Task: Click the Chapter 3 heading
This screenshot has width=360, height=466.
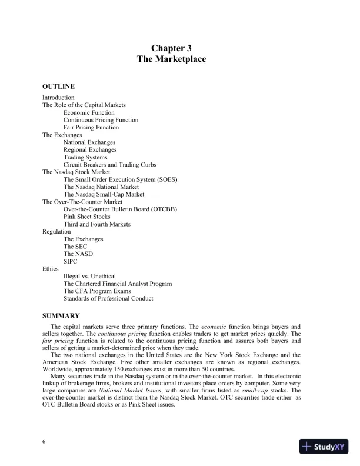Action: [171, 48]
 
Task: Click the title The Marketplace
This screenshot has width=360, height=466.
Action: [171, 59]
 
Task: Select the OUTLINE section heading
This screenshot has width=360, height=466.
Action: [58, 86]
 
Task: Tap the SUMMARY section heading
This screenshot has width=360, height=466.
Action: [61, 316]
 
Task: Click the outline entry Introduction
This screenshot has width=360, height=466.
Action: [58, 98]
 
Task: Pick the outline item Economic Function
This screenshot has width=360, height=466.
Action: [89, 112]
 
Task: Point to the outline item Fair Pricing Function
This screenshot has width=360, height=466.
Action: [91, 127]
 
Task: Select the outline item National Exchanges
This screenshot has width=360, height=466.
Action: [89, 142]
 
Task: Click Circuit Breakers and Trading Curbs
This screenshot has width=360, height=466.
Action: [109, 165]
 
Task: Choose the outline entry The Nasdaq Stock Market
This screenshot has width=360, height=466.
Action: [76, 172]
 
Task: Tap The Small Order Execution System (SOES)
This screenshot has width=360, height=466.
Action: [121, 179]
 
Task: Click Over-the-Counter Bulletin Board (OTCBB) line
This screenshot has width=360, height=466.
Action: [120, 209]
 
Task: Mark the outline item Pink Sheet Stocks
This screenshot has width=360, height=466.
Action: [86, 217]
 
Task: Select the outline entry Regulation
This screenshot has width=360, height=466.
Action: [56, 232]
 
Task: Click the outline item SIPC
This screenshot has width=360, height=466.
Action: [70, 261]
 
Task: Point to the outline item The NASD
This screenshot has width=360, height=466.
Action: [78, 254]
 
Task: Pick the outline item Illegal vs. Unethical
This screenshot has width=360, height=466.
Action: [89, 276]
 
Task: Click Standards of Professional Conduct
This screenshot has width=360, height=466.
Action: [108, 298]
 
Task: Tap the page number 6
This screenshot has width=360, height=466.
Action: [44, 442]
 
